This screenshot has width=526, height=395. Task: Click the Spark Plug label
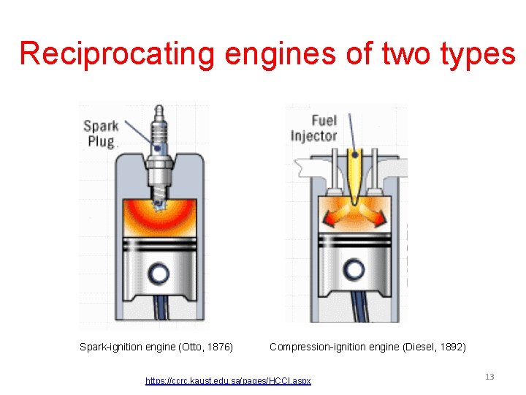(x=100, y=134)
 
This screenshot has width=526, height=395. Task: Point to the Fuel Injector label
(x=313, y=128)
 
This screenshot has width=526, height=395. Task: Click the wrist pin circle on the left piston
(x=159, y=274)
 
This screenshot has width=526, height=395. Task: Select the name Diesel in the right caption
(x=421, y=347)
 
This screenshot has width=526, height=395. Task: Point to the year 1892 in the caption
(x=452, y=347)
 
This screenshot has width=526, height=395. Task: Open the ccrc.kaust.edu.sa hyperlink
(x=228, y=380)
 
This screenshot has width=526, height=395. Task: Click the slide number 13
(x=489, y=377)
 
